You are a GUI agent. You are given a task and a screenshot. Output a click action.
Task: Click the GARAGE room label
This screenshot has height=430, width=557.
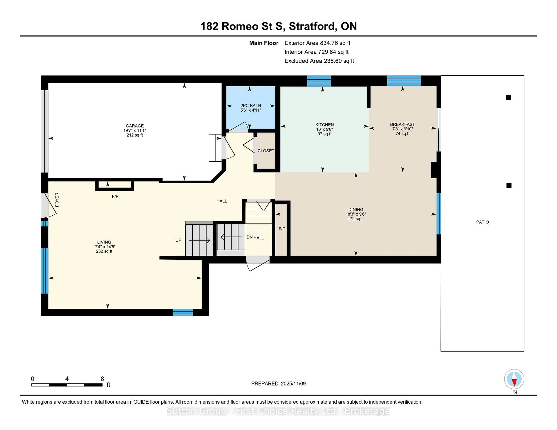pos(135,126)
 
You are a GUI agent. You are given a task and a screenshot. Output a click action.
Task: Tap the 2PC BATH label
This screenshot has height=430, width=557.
pos(251,105)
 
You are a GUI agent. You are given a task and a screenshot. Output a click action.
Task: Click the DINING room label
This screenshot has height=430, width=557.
pos(356,209)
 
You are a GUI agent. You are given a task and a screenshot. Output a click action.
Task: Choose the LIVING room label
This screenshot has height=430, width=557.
pos(104,242)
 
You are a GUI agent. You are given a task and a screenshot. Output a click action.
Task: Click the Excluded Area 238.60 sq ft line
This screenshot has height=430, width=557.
pos(319,61)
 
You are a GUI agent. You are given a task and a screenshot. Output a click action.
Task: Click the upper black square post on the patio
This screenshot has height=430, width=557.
pos(509,98)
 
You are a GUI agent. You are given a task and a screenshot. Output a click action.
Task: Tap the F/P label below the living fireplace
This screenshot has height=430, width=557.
pos(115,196)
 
